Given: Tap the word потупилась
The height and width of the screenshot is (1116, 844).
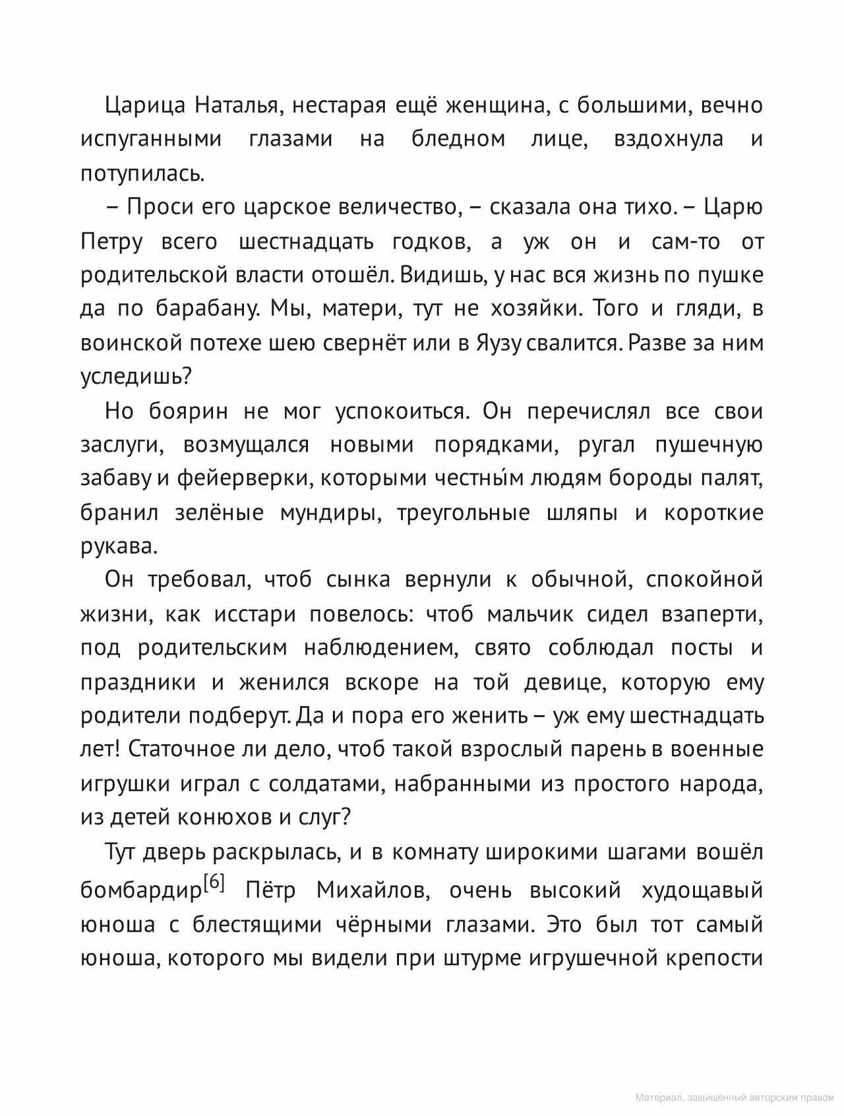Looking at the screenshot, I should point(142,174).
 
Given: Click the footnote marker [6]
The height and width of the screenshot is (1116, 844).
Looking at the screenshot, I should point(214,882).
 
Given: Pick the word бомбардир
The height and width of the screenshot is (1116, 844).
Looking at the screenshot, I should point(140,891).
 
